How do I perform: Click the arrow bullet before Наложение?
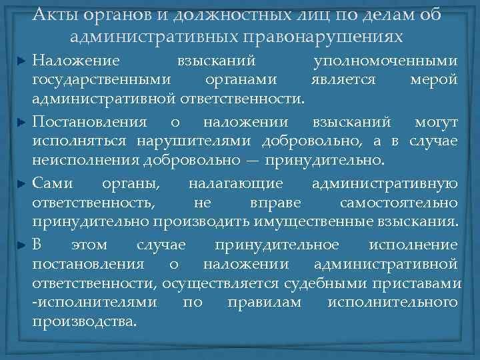tap(22, 61)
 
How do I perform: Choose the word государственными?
tap(102, 80)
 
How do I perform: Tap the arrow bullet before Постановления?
tap(22, 123)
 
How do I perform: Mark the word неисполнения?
tap(74, 161)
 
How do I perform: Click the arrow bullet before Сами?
tap(22, 185)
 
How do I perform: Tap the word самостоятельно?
tap(399, 202)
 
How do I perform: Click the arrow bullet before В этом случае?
tap(22, 245)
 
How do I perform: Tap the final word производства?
tap(85, 321)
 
